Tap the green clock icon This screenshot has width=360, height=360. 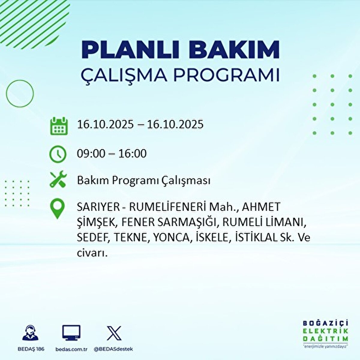tap(58, 154)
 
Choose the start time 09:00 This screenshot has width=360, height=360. tap(91, 154)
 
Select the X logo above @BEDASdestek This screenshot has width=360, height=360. tap(114, 333)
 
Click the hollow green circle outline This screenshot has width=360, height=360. tap(20, 94)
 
